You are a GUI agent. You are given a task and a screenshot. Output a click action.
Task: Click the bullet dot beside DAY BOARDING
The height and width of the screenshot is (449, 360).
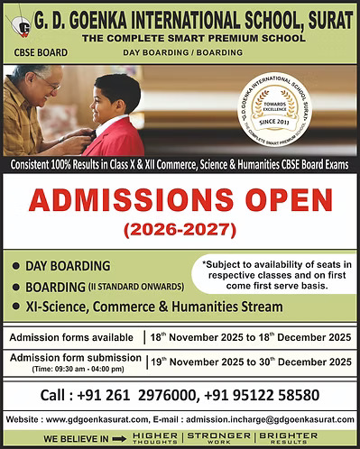click(x=17, y=268)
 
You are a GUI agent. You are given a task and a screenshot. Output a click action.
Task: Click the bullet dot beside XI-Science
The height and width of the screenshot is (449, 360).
click(x=17, y=307)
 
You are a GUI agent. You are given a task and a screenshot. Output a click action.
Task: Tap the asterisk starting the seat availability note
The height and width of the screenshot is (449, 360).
click(x=206, y=264)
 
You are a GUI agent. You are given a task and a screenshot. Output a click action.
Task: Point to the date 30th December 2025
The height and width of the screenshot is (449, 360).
click(x=299, y=362)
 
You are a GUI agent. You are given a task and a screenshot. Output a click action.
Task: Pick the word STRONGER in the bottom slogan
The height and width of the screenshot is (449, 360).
click(x=217, y=435)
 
